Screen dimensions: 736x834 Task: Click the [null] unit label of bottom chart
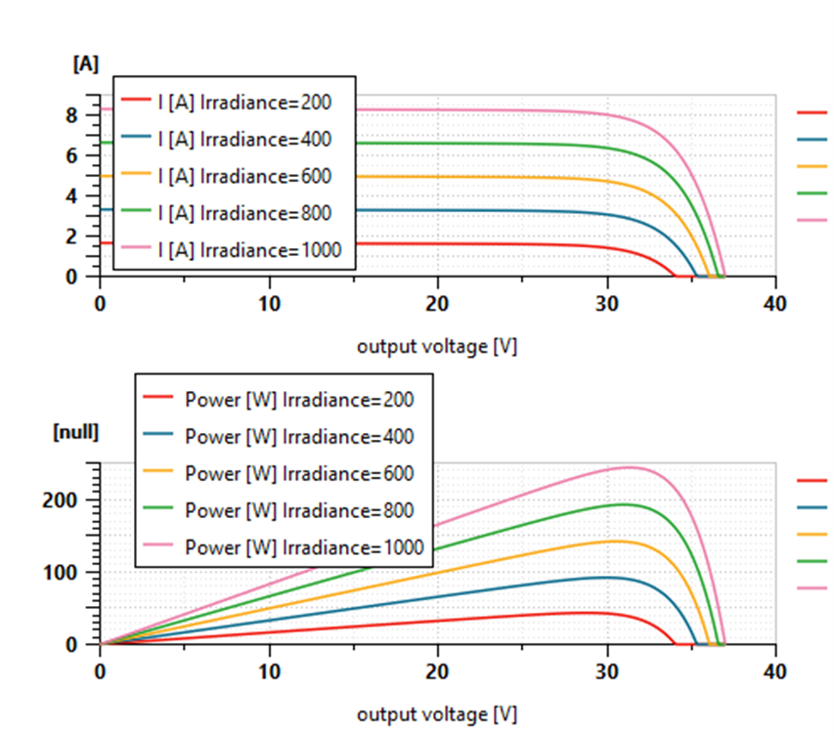75,432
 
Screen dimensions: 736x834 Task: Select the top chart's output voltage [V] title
436,346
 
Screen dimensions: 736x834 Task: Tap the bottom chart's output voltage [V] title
436,714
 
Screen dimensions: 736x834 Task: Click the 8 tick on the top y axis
84,113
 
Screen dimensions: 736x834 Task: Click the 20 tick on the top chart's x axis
437,303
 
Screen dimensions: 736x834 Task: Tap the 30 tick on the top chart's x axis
606,303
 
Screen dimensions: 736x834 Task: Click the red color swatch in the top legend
135,101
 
